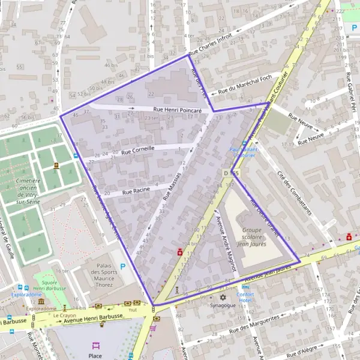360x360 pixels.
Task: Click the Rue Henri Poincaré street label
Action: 178,110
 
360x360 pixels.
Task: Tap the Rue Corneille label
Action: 138,149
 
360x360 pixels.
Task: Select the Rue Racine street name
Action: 136,191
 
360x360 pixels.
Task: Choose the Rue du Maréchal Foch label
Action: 245,84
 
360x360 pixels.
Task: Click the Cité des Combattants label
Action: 295,193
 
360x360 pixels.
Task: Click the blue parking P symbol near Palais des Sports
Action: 124,266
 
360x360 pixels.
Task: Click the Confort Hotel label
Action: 245,298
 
